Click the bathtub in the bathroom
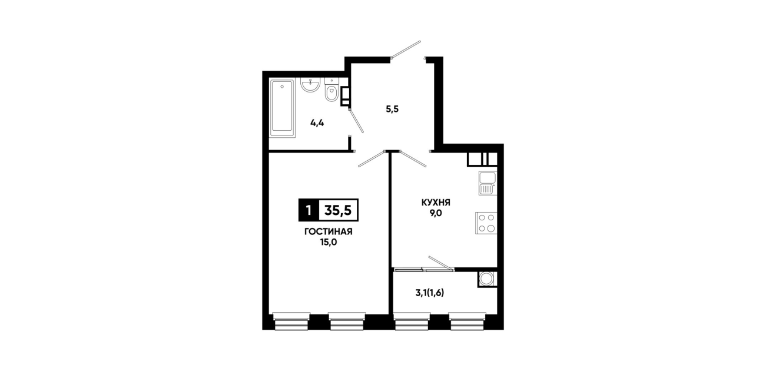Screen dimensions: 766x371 [282, 108]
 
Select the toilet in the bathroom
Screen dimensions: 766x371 [331, 90]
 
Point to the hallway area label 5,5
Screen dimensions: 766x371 [392, 110]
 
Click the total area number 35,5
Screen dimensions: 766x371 [338, 210]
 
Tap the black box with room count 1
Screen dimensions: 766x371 [309, 210]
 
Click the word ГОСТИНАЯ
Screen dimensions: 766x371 [329, 232]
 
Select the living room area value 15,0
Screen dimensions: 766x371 [329, 243]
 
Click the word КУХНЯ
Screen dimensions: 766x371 [436, 203]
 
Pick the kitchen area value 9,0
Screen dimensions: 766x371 [436, 213]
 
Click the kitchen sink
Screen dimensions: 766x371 [488, 183]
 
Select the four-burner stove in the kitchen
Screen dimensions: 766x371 [486, 223]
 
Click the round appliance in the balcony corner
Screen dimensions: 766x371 [487, 279]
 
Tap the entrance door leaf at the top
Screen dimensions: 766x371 [406, 49]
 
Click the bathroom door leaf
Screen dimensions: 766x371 [356, 121]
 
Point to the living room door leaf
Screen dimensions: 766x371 [372, 159]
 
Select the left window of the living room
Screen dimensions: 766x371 [291, 322]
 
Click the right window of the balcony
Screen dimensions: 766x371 [467, 322]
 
